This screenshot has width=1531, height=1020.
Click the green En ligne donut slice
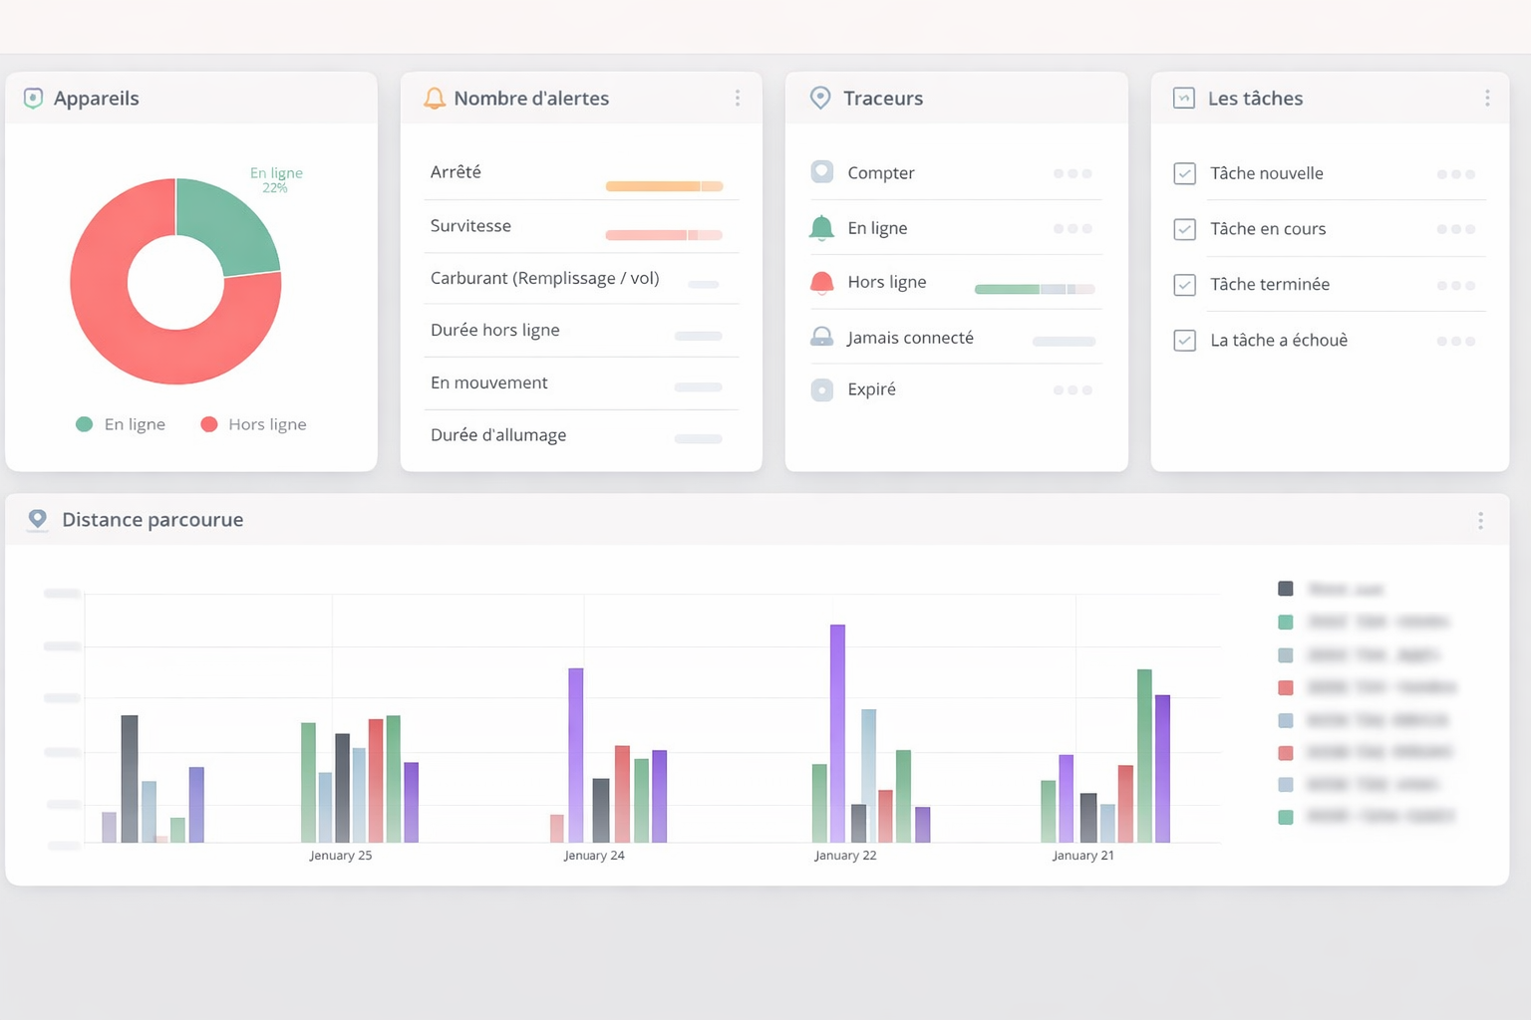click(224, 224)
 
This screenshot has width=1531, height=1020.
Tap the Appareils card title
click(96, 99)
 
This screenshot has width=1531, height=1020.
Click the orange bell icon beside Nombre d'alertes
click(435, 99)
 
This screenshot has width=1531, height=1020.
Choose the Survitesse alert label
click(470, 226)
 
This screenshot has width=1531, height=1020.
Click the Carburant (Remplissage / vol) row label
click(544, 279)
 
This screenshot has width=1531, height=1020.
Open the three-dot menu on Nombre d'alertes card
click(738, 98)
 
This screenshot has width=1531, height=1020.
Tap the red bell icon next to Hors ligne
click(821, 283)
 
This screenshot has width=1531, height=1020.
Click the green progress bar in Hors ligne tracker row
click(1007, 289)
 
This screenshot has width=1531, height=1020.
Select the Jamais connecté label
click(910, 338)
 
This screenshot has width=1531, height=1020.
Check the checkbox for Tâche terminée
click(1184, 285)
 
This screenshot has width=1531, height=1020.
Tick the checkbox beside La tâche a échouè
click(1184, 341)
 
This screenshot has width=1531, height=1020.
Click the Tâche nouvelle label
click(1266, 173)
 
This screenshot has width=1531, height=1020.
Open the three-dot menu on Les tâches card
click(1487, 98)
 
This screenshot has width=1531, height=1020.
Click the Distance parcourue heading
click(153, 520)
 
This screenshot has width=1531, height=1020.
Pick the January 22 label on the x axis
click(845, 856)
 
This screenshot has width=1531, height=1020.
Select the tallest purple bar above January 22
click(837, 732)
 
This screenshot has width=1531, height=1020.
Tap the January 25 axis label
click(340, 856)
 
